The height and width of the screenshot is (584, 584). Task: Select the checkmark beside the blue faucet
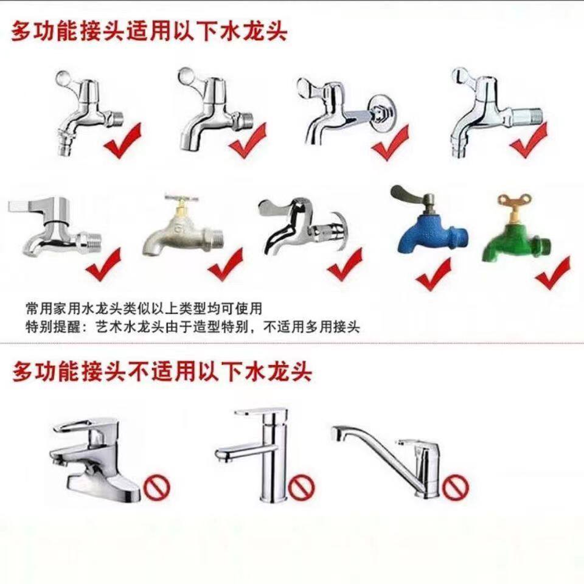[x=434, y=275]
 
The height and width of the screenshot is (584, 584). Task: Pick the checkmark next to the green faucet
[x=553, y=274]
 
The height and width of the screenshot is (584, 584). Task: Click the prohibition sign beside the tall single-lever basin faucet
[x=301, y=487]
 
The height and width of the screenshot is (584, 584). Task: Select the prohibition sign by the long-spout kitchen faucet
[x=455, y=487]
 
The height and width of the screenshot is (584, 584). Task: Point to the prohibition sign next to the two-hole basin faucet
[x=157, y=487]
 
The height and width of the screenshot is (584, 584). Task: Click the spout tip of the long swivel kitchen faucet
[x=336, y=434]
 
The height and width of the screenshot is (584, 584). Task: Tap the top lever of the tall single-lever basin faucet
[x=261, y=414]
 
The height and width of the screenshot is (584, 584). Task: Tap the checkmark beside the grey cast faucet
[x=225, y=265]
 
